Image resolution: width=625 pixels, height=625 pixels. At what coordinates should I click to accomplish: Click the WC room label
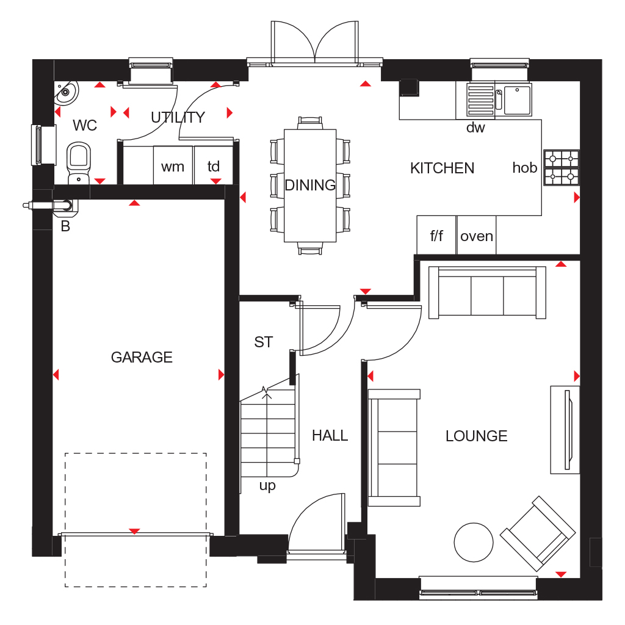(x=85, y=126)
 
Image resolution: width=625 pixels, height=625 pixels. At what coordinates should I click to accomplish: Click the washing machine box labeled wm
(x=173, y=166)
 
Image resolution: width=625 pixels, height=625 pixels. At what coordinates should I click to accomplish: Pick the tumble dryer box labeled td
(x=214, y=166)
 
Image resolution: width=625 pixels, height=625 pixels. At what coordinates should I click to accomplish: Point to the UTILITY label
(x=178, y=117)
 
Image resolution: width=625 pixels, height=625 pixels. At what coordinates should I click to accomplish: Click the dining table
(x=310, y=185)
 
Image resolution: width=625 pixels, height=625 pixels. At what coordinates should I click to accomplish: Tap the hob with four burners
(x=561, y=168)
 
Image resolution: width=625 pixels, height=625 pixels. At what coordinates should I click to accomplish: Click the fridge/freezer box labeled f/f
(x=436, y=236)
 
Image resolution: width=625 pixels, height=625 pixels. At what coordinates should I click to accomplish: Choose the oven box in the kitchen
(x=477, y=236)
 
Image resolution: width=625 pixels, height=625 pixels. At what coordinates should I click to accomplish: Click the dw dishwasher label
(x=475, y=128)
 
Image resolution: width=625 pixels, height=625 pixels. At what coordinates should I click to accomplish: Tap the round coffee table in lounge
(x=474, y=542)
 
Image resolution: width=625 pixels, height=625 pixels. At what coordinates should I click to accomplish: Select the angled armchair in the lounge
(x=538, y=533)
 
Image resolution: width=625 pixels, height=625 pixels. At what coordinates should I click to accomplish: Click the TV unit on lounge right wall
(x=565, y=429)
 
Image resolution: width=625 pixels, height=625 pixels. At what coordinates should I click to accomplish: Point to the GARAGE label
(x=142, y=357)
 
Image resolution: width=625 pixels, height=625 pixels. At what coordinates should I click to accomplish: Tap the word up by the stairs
(x=267, y=486)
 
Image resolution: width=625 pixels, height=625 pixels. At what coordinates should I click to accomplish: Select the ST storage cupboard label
(x=264, y=342)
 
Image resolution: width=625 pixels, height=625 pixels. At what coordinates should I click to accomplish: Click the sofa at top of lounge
(x=487, y=293)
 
